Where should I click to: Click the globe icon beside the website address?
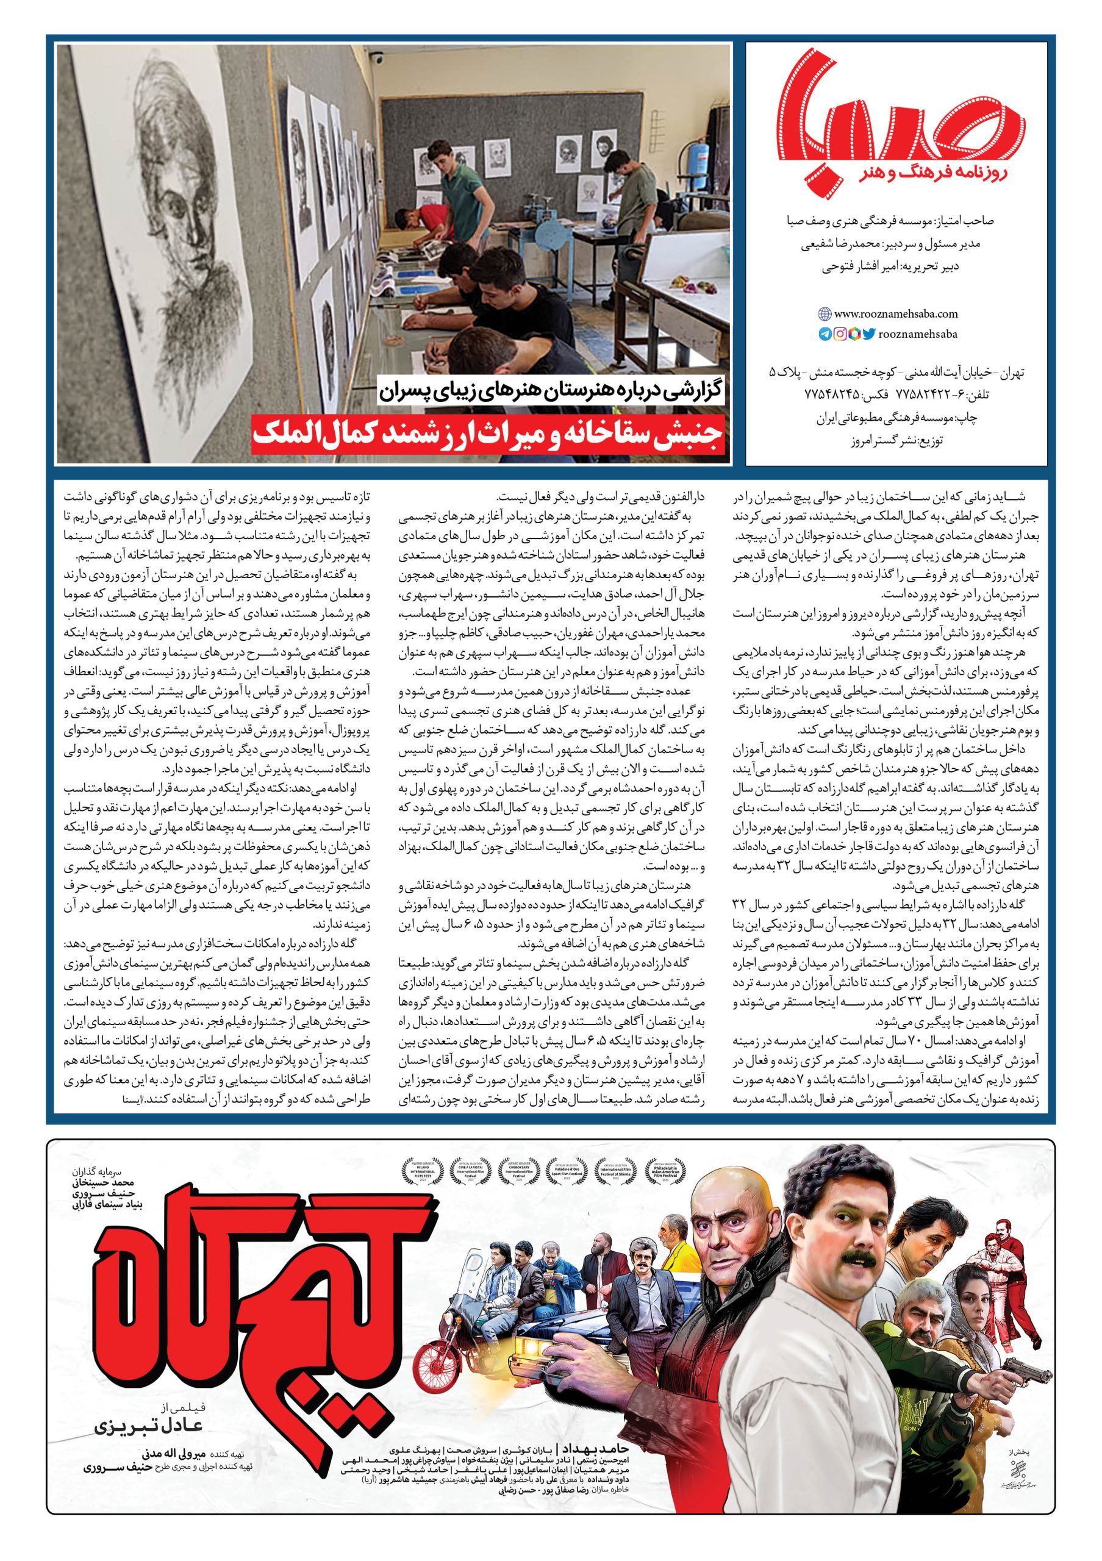pos(825,314)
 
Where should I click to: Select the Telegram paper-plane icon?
pos(825,334)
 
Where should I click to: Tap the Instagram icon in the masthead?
pos(840,334)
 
